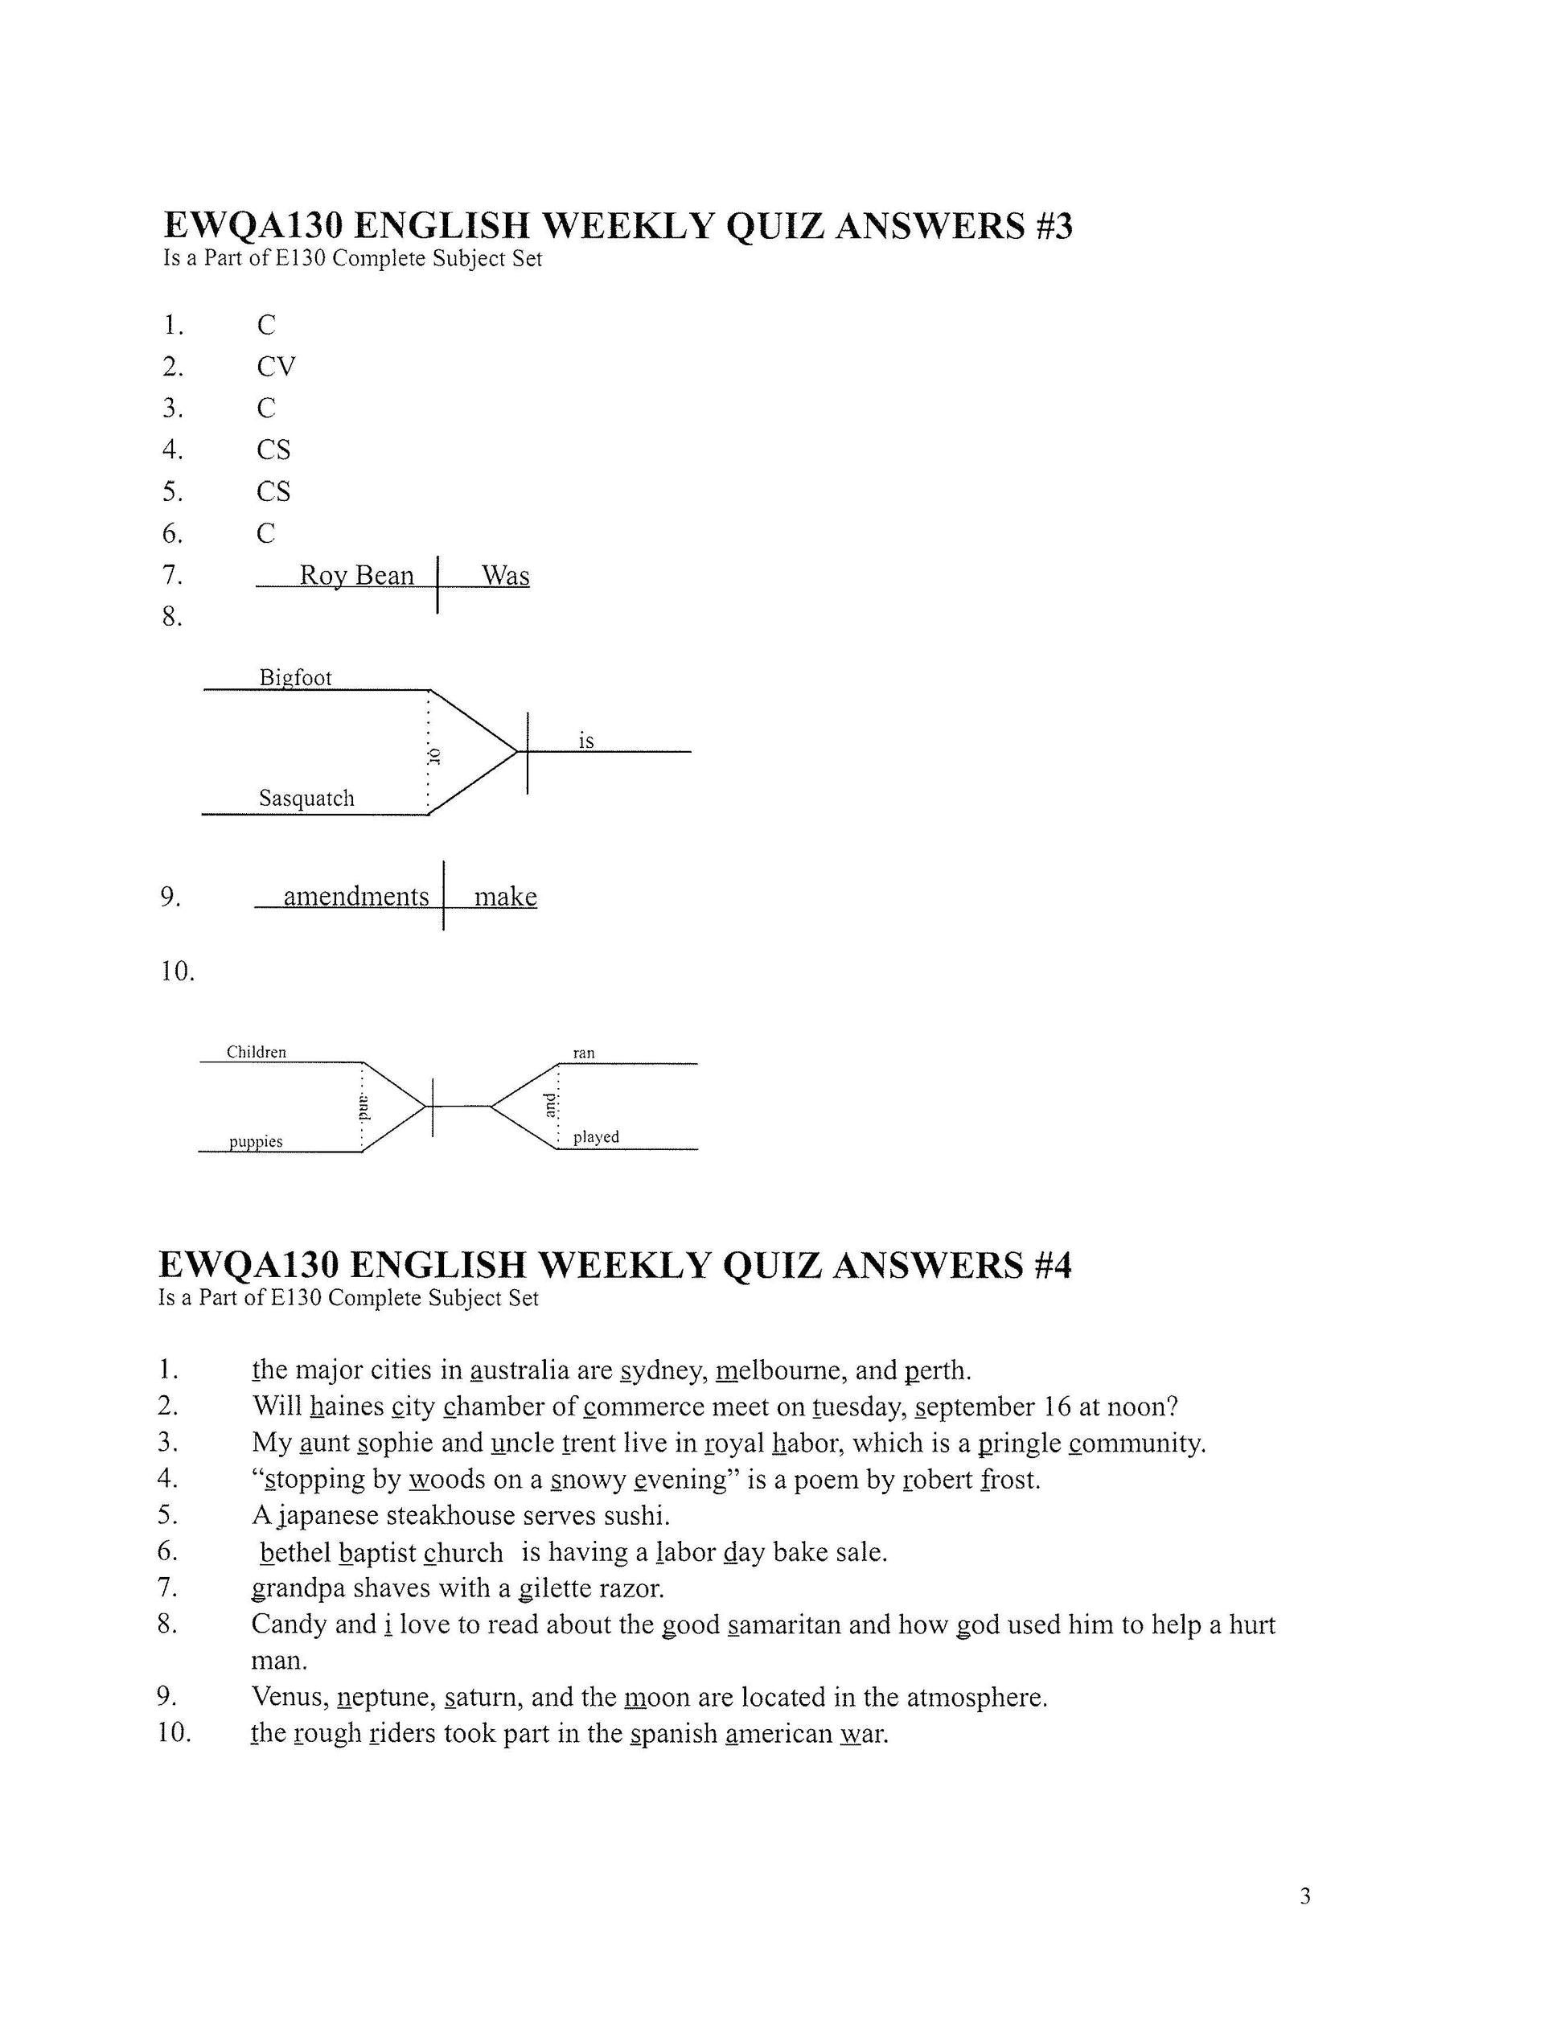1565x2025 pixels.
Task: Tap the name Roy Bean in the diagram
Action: pyautogui.click(x=356, y=576)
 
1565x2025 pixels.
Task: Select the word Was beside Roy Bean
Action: pyautogui.click(x=505, y=576)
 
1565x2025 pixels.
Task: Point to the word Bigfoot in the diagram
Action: pyautogui.click(x=295, y=678)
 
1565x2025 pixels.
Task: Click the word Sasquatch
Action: pyautogui.click(x=306, y=799)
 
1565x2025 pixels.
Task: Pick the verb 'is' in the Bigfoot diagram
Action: pyautogui.click(x=586, y=741)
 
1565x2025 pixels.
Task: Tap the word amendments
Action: pyautogui.click(x=356, y=897)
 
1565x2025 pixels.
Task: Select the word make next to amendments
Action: pyautogui.click(x=505, y=897)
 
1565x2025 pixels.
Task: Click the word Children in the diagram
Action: pyautogui.click(x=256, y=1053)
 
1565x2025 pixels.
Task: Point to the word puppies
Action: pyautogui.click(x=256, y=1141)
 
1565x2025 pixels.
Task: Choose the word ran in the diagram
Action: pyautogui.click(x=583, y=1054)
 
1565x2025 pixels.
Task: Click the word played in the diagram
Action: pyautogui.click(x=595, y=1136)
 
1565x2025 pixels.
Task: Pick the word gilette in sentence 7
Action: pyautogui.click(x=554, y=1589)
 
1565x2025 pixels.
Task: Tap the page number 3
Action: pyautogui.click(x=1305, y=1897)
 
